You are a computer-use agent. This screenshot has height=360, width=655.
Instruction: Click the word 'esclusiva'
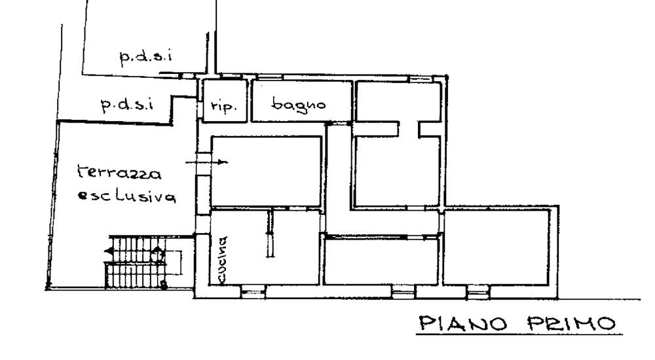(x=126, y=196)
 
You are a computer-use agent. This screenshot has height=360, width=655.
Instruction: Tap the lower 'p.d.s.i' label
(x=127, y=105)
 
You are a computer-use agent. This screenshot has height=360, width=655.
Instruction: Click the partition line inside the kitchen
(x=269, y=234)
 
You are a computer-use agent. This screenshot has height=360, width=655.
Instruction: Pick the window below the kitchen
(x=253, y=291)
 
